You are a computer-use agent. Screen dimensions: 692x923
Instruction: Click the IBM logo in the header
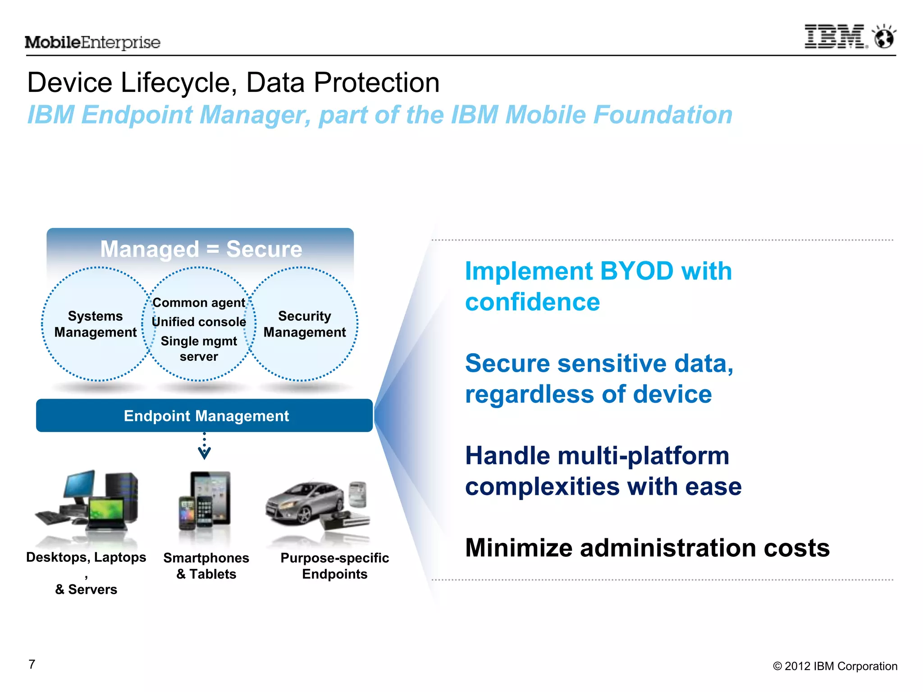pyautogui.click(x=835, y=37)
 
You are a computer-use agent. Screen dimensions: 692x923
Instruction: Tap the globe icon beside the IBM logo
pyautogui.click(x=884, y=37)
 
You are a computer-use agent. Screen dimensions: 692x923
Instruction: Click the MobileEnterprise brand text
pyautogui.click(x=92, y=42)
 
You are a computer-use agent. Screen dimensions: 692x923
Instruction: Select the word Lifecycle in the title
pyautogui.click(x=179, y=83)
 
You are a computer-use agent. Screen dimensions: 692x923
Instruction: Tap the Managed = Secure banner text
pyautogui.click(x=201, y=249)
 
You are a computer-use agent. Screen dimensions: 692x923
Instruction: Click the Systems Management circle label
pyautogui.click(x=96, y=324)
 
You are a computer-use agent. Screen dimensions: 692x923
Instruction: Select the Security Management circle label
pyautogui.click(x=305, y=324)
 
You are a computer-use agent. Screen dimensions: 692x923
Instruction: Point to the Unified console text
pyautogui.click(x=199, y=322)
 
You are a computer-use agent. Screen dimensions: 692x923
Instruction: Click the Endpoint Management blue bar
pyautogui.click(x=205, y=415)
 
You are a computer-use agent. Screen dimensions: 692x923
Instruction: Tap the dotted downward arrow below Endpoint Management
pyautogui.click(x=204, y=446)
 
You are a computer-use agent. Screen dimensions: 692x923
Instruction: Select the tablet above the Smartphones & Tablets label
pyautogui.click(x=212, y=496)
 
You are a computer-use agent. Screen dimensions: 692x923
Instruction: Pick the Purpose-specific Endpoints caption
pyautogui.click(x=334, y=566)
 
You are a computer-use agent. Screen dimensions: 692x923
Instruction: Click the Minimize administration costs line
pyautogui.click(x=647, y=548)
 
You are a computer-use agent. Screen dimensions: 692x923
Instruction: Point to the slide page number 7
pyautogui.click(x=32, y=664)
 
